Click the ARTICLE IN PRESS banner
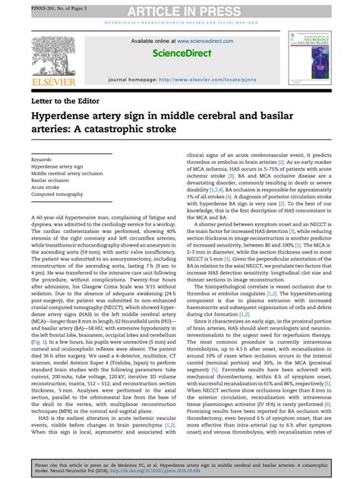pyautogui.click(x=179, y=8)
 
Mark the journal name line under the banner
pyautogui.click(x=179, y=23)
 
